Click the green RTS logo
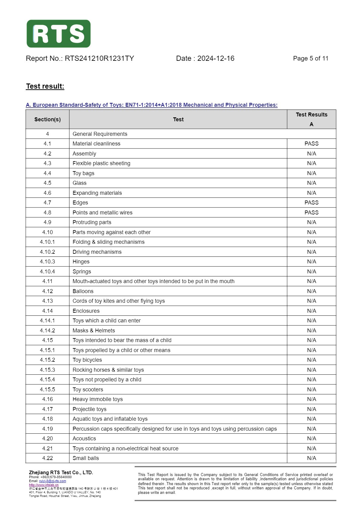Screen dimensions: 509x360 click(x=58, y=34)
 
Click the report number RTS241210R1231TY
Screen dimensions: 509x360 click(x=99, y=58)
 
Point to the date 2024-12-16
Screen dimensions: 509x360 click(x=216, y=58)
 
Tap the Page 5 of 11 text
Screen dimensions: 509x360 click(x=310, y=58)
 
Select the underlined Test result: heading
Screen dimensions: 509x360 click(x=45, y=86)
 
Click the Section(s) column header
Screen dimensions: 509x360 click(x=47, y=119)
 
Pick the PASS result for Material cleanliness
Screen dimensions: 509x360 click(x=311, y=144)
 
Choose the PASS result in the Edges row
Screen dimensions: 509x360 click(x=311, y=203)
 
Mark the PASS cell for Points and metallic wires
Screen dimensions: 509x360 click(x=311, y=213)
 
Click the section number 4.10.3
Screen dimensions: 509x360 click(x=47, y=262)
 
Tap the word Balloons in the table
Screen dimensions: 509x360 click(x=83, y=291)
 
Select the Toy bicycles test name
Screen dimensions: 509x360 click(x=87, y=360)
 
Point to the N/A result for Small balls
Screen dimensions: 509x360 click(x=311, y=458)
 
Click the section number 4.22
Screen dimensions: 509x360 click(x=47, y=458)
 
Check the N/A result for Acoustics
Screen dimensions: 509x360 click(x=311, y=439)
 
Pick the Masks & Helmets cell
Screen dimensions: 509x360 click(x=94, y=331)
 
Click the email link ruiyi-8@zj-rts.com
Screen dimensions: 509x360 click(x=52, y=481)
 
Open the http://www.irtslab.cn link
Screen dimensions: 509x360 click(x=44, y=485)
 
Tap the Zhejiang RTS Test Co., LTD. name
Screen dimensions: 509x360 click(x=61, y=472)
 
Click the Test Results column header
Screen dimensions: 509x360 click(x=311, y=115)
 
